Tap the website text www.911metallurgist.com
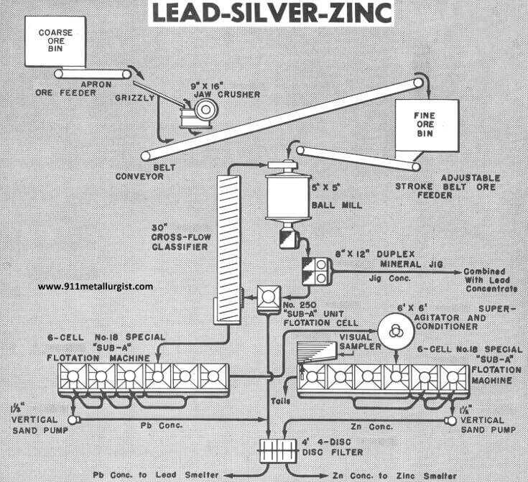[x=95, y=286]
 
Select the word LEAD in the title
[x=180, y=12]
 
